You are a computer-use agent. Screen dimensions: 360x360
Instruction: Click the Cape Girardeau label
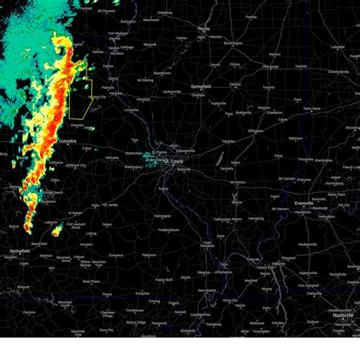click(x=209, y=245)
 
